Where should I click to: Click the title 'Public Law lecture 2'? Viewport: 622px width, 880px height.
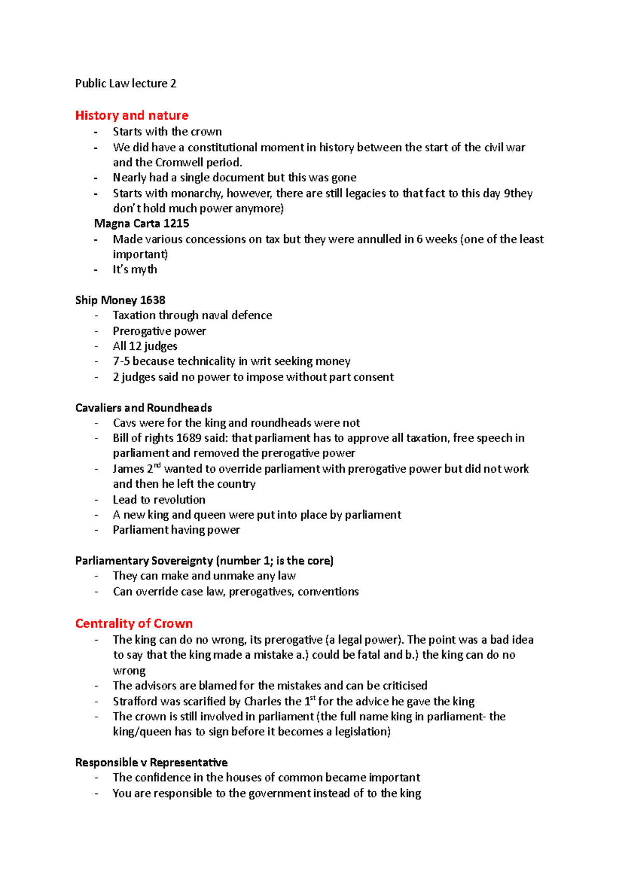click(125, 83)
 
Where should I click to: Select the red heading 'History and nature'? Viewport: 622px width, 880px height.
click(132, 115)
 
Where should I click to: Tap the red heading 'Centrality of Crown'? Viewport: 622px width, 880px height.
click(134, 623)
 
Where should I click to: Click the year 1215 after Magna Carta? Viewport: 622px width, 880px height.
click(176, 224)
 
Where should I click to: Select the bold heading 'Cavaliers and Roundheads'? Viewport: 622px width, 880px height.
click(144, 408)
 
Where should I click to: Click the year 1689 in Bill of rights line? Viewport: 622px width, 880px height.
click(189, 438)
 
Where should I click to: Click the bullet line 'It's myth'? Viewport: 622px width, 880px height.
click(135, 269)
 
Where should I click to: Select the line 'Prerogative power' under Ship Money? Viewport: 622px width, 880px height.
click(159, 331)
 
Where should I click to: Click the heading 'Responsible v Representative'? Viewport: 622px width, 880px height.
click(151, 762)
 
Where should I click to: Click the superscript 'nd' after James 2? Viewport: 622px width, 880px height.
click(158, 465)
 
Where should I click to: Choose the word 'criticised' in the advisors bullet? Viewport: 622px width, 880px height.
click(405, 686)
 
